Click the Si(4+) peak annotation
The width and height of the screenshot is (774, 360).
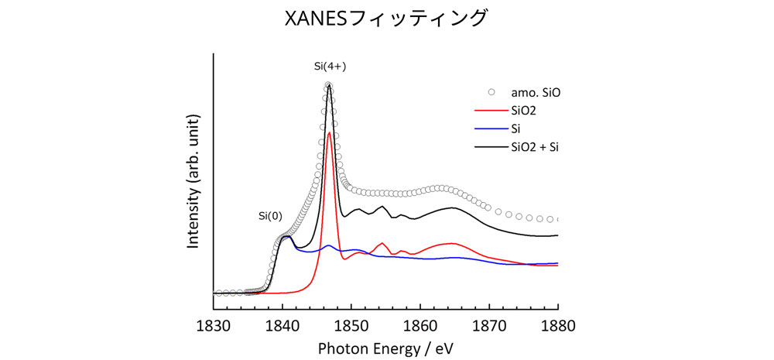click(x=330, y=67)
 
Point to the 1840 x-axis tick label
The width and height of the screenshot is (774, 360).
click(x=282, y=325)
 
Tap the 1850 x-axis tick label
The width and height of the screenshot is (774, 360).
click(x=351, y=325)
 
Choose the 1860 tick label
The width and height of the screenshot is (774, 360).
click(x=420, y=325)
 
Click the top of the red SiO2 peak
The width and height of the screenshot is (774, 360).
click(x=330, y=133)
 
